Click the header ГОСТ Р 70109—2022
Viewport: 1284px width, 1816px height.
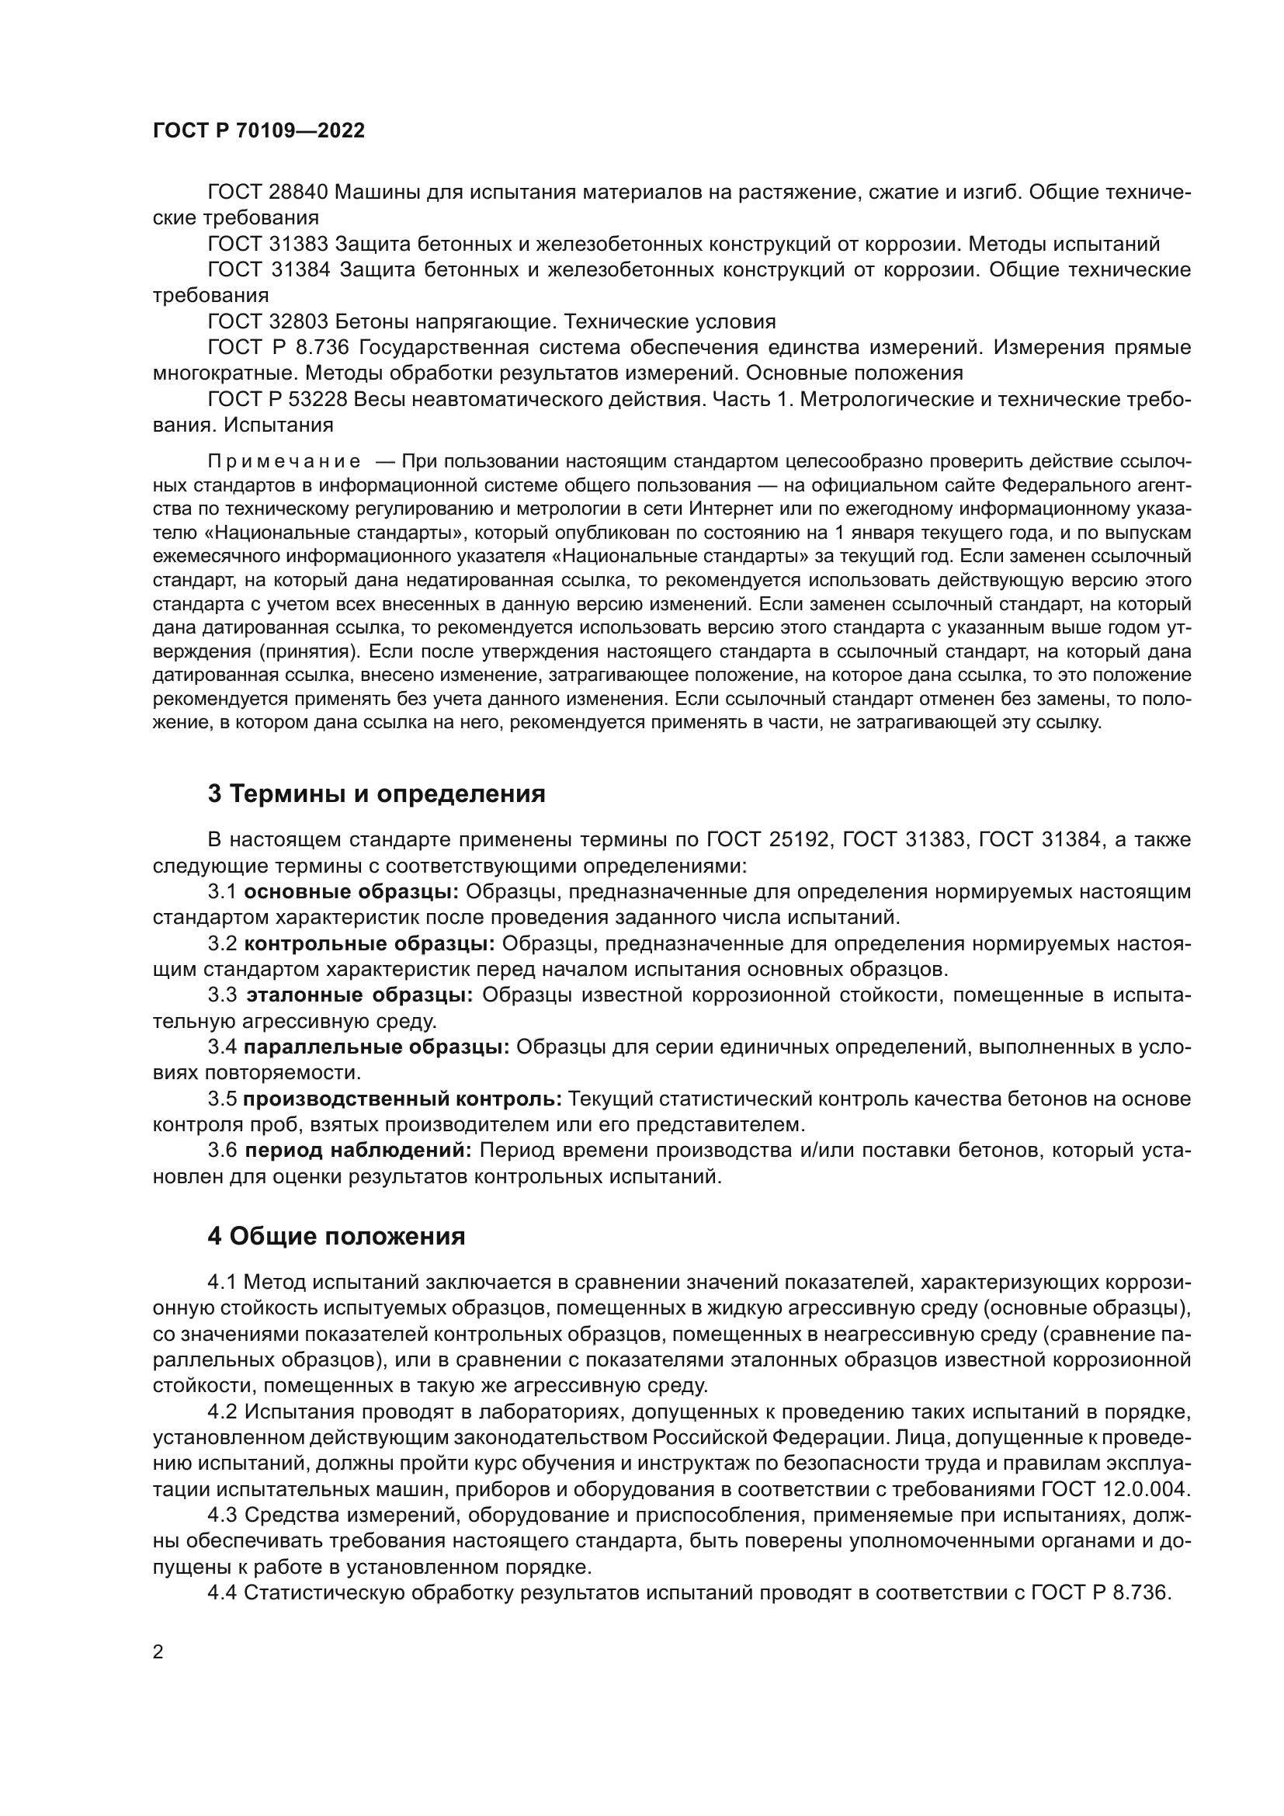coord(259,131)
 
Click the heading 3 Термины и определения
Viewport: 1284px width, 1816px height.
coord(377,793)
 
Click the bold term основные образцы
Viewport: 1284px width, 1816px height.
coord(351,892)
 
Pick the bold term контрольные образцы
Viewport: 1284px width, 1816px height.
coord(370,943)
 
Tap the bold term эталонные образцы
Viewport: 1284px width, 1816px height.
coord(359,995)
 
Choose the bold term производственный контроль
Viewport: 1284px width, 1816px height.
coord(402,1099)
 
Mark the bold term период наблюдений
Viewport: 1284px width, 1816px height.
coord(357,1150)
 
